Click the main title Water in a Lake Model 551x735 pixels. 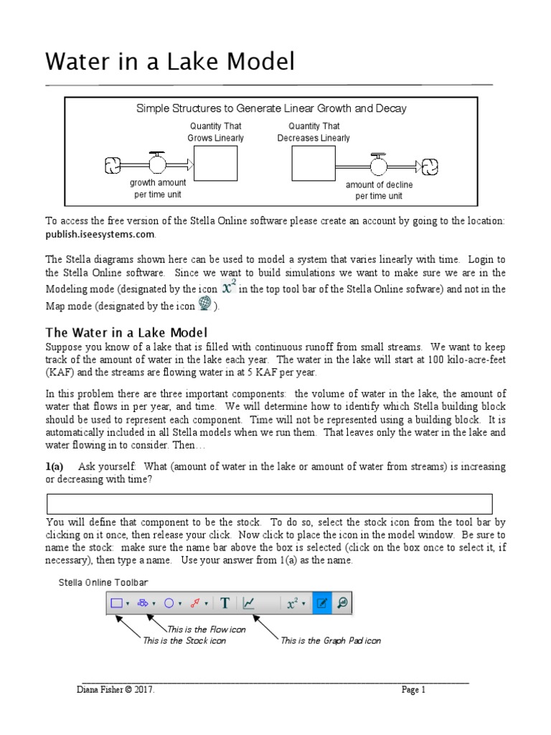click(x=170, y=62)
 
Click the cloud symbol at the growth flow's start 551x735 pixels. click(x=114, y=165)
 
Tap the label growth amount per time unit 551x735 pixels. click(x=157, y=189)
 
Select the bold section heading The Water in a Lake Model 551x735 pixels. click(x=126, y=332)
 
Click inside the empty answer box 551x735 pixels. click(x=269, y=504)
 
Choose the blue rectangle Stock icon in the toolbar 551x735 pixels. click(x=117, y=604)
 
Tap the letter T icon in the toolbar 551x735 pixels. click(x=225, y=604)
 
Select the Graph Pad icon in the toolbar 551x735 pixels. click(x=249, y=604)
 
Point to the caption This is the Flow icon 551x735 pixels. click(x=207, y=629)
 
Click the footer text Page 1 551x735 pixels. click(x=413, y=690)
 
